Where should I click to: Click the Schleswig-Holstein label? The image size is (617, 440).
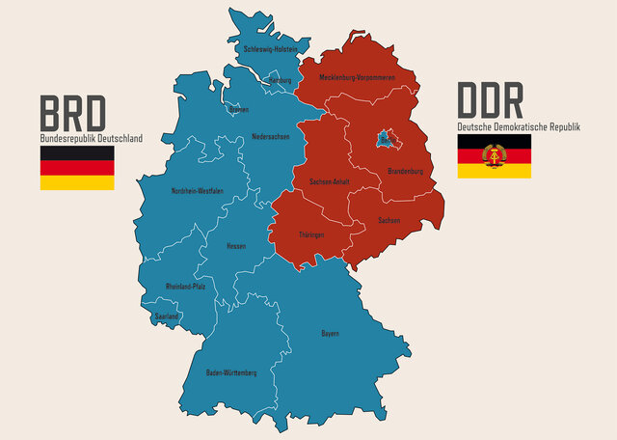pyautogui.click(x=270, y=47)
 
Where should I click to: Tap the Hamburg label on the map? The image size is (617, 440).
pyautogui.click(x=279, y=80)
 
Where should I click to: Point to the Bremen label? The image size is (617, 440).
pyautogui.click(x=238, y=109)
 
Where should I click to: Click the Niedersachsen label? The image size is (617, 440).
pyautogui.click(x=271, y=136)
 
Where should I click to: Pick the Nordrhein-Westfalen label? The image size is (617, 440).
pyautogui.click(x=197, y=191)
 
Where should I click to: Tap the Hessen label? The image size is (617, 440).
pyautogui.click(x=236, y=246)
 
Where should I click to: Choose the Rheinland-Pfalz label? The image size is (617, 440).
pyautogui.click(x=185, y=287)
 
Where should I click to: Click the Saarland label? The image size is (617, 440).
pyautogui.click(x=168, y=316)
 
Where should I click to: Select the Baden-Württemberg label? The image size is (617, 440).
pyautogui.click(x=231, y=372)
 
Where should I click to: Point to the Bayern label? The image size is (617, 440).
pyautogui.click(x=330, y=334)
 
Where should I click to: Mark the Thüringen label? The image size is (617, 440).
pyautogui.click(x=310, y=234)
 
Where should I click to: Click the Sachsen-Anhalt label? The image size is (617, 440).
pyautogui.click(x=328, y=181)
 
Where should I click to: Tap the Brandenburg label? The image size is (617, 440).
pyautogui.click(x=405, y=172)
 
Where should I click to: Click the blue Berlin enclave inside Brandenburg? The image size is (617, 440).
pyautogui.click(x=387, y=139)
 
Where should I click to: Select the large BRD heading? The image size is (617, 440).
pyautogui.click(x=72, y=114)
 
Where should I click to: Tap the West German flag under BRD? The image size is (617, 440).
pyautogui.click(x=77, y=168)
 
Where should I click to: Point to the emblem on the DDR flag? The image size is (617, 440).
pyautogui.click(x=494, y=156)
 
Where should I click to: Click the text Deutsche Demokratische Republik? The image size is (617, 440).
pyautogui.click(x=518, y=126)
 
